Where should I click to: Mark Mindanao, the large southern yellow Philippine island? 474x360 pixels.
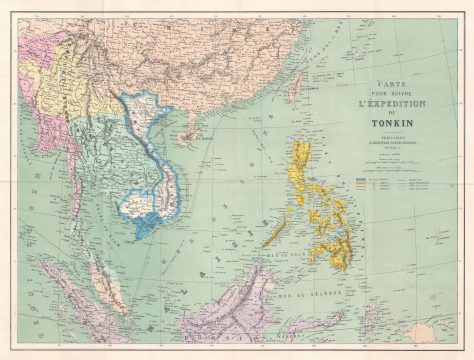click(x=335, y=240)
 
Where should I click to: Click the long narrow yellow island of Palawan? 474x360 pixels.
click(x=274, y=231)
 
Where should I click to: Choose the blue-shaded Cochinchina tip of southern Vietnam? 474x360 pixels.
click(x=145, y=224)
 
